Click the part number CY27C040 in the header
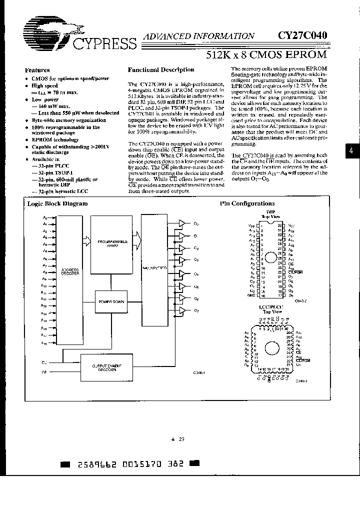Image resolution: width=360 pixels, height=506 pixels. [x=303, y=35]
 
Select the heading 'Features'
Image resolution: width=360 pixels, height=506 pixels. [x=37, y=70]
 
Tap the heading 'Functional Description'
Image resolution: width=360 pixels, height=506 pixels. [x=161, y=70]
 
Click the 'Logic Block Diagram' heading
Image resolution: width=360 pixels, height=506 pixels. [x=57, y=203]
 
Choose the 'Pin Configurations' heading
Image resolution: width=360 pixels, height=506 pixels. [x=247, y=203]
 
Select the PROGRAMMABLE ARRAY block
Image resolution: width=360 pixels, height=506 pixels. [x=112, y=242]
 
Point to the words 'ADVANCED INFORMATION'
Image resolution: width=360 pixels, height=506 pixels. [x=198, y=36]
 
